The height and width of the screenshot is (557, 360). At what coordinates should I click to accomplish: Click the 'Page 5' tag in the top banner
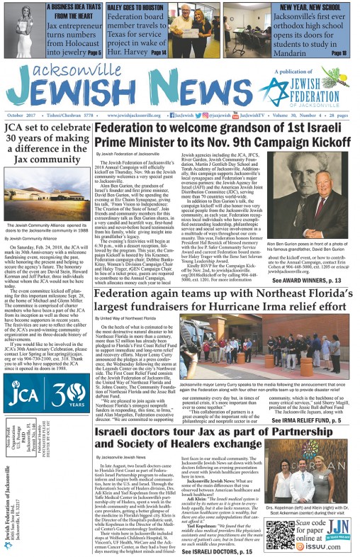tap(96, 53)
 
